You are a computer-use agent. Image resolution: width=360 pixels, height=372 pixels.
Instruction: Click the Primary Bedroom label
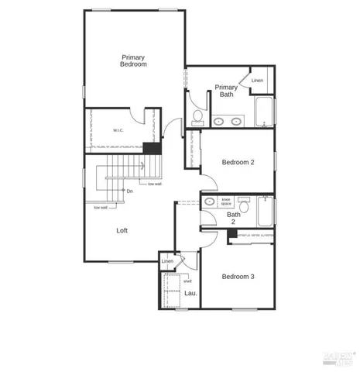coord(133,60)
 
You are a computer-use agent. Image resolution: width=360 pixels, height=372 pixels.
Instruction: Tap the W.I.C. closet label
coord(118,130)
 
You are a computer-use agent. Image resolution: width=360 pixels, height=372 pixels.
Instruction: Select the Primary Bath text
coord(226,91)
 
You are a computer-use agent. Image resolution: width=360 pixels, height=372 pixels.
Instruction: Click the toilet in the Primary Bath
coord(198,117)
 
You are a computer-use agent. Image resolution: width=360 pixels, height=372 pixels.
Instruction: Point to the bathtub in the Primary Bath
coord(265,112)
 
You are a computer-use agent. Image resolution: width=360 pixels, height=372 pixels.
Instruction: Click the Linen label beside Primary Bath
coord(257,81)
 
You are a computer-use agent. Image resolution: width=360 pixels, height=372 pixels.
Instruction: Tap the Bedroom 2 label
coord(238,162)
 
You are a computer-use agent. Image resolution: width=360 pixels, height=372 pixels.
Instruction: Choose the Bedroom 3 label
coord(238,277)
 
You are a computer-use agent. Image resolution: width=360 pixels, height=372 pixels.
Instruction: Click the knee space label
coord(227,201)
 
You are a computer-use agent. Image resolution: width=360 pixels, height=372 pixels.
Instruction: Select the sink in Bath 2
coord(209,201)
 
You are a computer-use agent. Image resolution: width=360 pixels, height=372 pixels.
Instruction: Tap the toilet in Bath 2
coord(243,205)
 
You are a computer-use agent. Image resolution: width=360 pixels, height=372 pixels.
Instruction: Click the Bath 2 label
coord(233,218)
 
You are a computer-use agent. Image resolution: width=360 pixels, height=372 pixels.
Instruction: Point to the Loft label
coord(122,230)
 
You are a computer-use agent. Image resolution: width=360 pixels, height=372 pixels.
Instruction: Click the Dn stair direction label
coord(130,191)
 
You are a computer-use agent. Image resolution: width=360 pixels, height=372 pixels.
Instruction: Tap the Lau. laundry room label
coord(190,293)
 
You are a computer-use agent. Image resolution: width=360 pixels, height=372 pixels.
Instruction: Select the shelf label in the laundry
coord(187,281)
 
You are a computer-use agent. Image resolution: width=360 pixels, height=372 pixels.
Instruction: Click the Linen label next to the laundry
coord(167,262)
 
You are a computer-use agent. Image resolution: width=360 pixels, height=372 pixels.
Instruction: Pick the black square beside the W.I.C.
coord(153,149)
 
